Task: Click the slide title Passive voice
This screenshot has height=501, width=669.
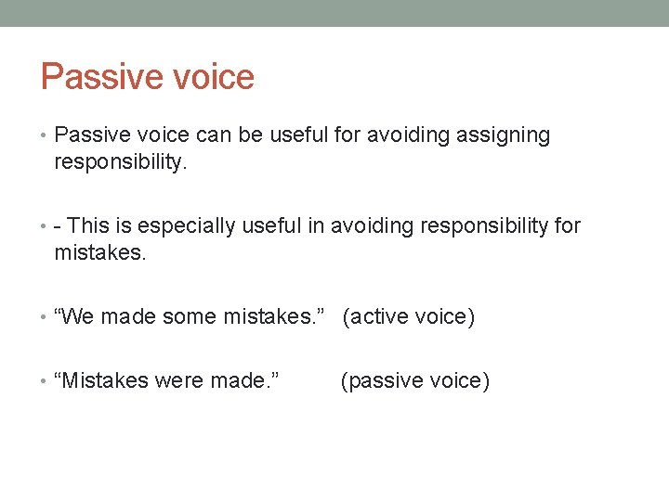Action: tap(147, 76)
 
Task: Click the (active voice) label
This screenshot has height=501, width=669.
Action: tap(408, 317)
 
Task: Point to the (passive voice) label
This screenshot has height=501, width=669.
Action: tap(414, 380)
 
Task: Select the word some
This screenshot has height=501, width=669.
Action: tap(189, 317)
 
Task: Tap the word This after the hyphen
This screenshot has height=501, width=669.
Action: tap(89, 225)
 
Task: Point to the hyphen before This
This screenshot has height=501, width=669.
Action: tap(59, 226)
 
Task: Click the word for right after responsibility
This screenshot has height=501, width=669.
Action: tap(565, 225)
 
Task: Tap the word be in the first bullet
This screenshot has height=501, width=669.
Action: tap(249, 135)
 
